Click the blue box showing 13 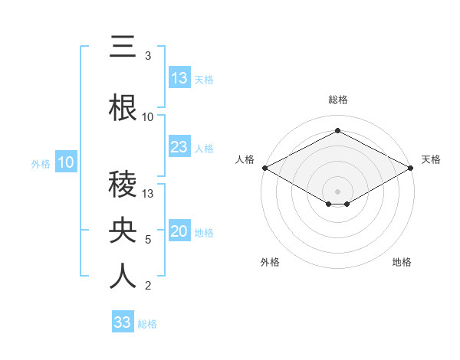tap(179, 78)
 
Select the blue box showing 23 tap(179, 147)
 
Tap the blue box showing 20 tap(179, 231)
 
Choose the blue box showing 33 tap(123, 322)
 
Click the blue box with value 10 tap(66, 162)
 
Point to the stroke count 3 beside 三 tap(148, 56)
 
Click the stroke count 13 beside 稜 tap(148, 194)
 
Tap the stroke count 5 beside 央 tap(148, 240)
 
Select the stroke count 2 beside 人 tap(148, 286)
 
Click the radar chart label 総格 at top tap(338, 100)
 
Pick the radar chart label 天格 tap(431, 159)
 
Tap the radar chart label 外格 tap(270, 263)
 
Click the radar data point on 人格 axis tap(264, 167)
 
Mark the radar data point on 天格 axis tap(412, 167)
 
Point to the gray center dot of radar tap(338, 191)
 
